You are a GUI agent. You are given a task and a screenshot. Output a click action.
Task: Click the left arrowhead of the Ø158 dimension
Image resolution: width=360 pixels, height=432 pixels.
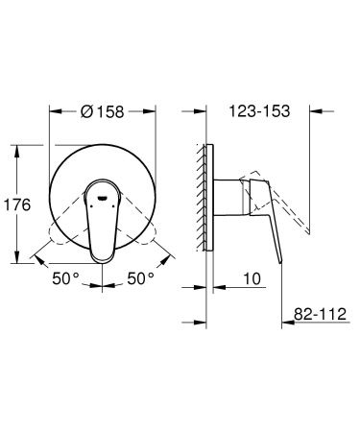pos(53,111)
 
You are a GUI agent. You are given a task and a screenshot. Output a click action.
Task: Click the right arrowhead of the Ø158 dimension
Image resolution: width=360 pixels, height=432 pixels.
pos(154,111)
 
